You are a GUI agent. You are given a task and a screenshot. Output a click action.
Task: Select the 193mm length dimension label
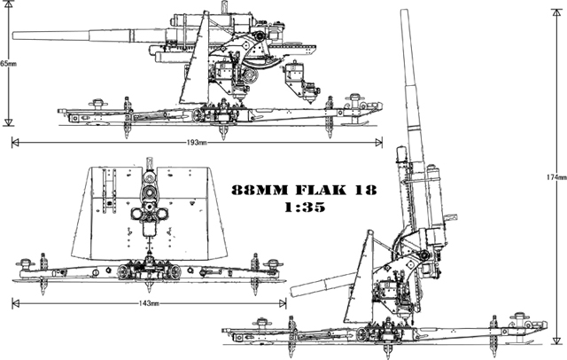pos(196,142)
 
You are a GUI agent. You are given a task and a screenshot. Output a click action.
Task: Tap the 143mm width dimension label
pos(150,303)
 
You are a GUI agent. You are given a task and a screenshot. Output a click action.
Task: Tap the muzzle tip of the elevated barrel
pos(409,15)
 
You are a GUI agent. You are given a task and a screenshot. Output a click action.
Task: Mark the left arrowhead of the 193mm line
pos(13,142)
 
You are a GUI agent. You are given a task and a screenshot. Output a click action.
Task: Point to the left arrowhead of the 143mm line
pos(13,303)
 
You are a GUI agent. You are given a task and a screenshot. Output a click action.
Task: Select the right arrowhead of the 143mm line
pos(285,303)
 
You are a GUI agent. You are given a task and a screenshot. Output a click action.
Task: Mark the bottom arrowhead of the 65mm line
pos(7,121)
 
